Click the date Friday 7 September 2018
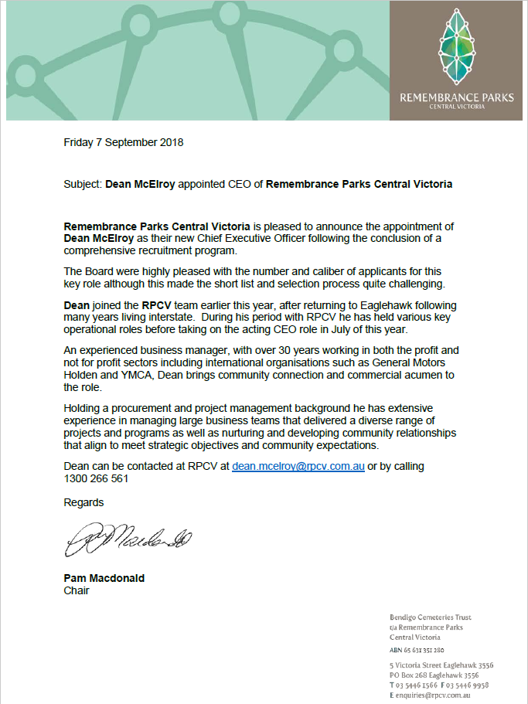coord(124,142)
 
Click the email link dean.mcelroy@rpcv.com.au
coord(298,467)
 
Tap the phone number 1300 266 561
coord(96,478)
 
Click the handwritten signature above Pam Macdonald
coord(128,539)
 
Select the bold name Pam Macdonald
coord(104,578)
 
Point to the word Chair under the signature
coord(77,590)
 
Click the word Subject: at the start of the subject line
coord(83,185)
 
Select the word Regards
coord(83,502)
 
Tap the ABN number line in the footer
coord(417,651)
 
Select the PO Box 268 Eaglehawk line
coord(434,675)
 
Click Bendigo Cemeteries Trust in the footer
coord(431,617)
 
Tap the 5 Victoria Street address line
coord(441,665)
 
